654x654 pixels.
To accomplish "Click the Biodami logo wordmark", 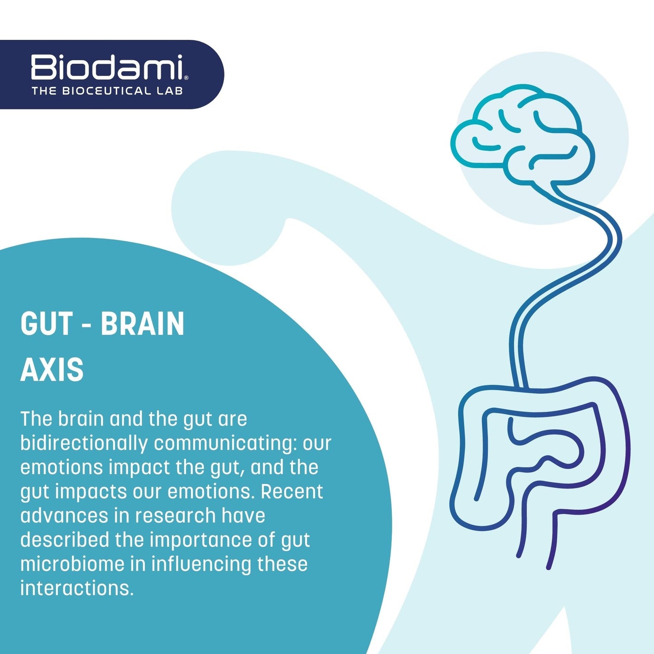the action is coord(107,67).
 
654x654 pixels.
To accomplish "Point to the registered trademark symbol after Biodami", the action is coord(186,78).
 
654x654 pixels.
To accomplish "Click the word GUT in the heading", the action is coord(47,324).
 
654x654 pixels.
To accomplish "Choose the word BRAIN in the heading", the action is coord(143,324).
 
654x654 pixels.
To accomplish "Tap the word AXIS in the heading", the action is coord(52,369).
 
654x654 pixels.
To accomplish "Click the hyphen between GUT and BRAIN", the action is coord(87,325).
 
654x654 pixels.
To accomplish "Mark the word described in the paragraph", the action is coord(65,539).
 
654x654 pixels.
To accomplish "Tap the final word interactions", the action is coord(76,588).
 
